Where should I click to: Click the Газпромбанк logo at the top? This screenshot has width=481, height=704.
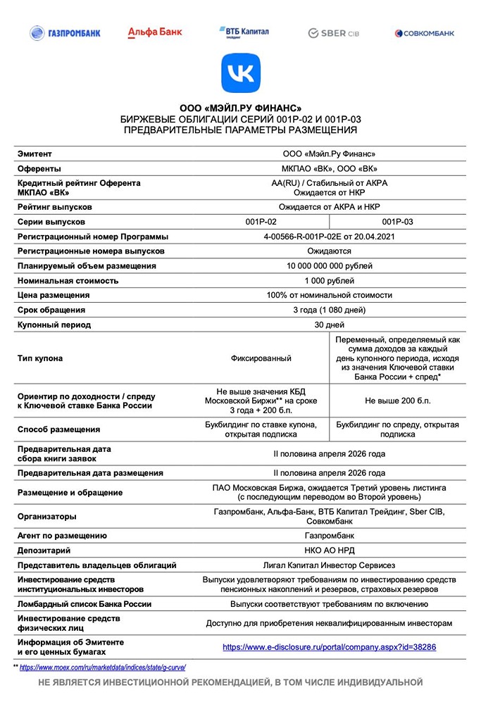coord(65,32)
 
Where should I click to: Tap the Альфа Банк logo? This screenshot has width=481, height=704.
coord(154,32)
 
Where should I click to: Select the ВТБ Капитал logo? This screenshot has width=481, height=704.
coord(243,32)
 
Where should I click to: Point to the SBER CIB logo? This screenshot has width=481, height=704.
coord(335,33)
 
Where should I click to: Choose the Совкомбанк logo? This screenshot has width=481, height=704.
coord(424,33)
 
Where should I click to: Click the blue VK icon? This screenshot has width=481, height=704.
coord(241,73)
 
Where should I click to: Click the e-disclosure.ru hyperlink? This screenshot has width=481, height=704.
coord(329,646)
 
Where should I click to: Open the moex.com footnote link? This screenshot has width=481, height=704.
coord(102,666)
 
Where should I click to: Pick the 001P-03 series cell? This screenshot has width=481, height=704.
coord(397,222)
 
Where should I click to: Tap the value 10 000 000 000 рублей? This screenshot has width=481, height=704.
coord(329,266)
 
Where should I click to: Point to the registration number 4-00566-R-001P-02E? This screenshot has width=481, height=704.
coord(329,237)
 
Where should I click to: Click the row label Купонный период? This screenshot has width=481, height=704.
coord(54,325)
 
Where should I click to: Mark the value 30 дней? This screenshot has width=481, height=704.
coord(329,325)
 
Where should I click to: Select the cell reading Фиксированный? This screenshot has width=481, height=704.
coord(261,358)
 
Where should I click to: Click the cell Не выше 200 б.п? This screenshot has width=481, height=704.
coord(397,401)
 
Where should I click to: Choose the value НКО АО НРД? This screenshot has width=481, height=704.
coord(329,551)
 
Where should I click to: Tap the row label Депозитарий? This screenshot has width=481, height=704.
coord(44,551)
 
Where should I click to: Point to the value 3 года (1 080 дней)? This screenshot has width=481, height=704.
coord(329,310)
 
